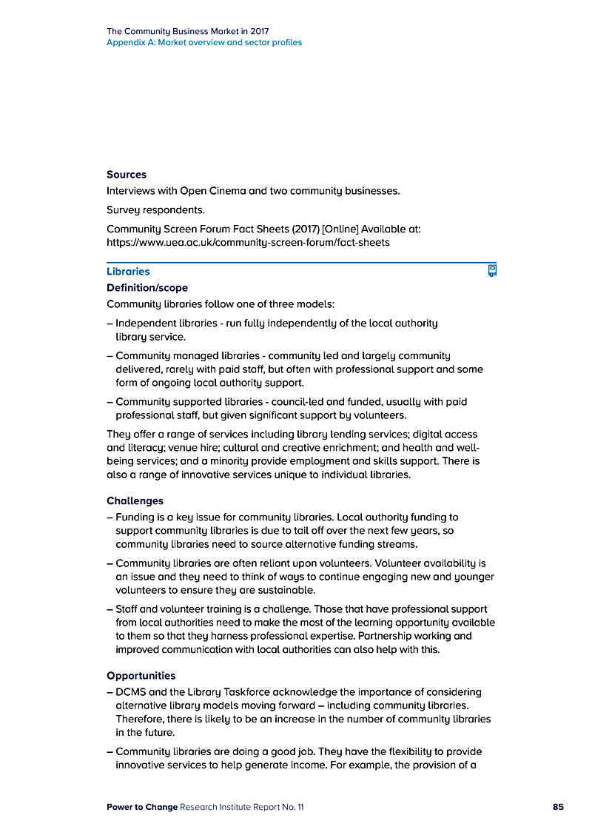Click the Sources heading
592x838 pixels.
[x=127, y=175]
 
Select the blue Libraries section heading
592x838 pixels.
[x=128, y=272]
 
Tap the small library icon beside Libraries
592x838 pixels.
[x=492, y=270]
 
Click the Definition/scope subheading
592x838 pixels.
[x=147, y=287]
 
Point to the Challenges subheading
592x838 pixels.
[x=135, y=500]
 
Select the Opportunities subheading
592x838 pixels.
[x=141, y=675]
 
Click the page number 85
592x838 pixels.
[x=558, y=807]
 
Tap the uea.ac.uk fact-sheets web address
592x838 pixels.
[x=248, y=242]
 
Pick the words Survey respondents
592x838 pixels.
[x=155, y=209]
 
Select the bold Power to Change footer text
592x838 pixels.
[x=141, y=807]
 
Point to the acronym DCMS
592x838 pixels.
[x=132, y=691]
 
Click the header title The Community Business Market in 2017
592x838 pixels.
[x=188, y=31]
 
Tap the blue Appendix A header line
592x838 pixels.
[x=204, y=42]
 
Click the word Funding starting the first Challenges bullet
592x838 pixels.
[x=135, y=517]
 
